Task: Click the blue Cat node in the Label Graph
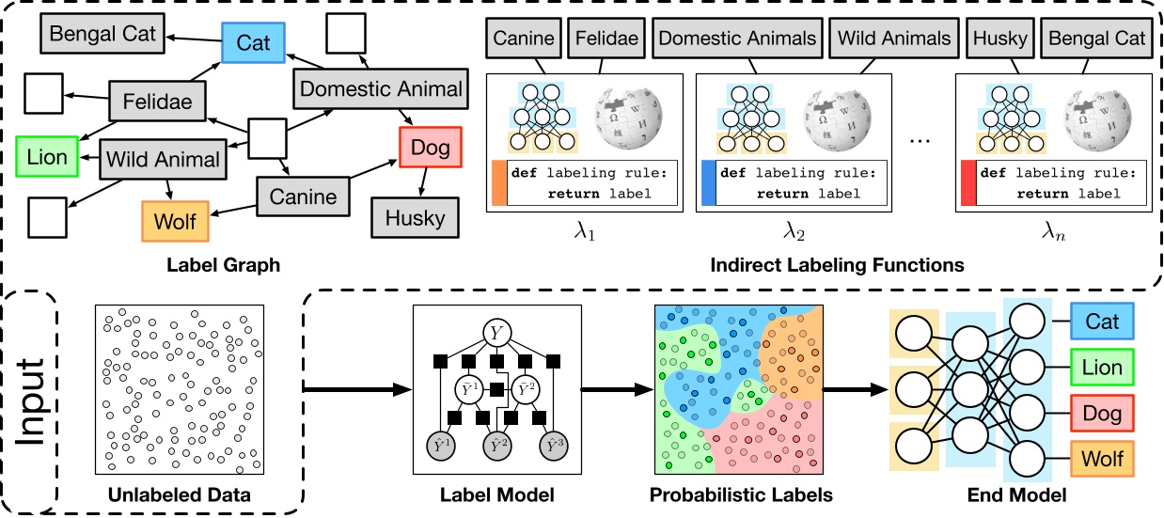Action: click(x=251, y=42)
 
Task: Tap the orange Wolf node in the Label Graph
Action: click(x=174, y=222)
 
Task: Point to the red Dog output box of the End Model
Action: click(x=1102, y=412)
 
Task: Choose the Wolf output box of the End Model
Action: click(x=1102, y=460)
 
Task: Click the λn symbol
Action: click(x=1051, y=228)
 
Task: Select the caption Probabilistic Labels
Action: click(x=737, y=494)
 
